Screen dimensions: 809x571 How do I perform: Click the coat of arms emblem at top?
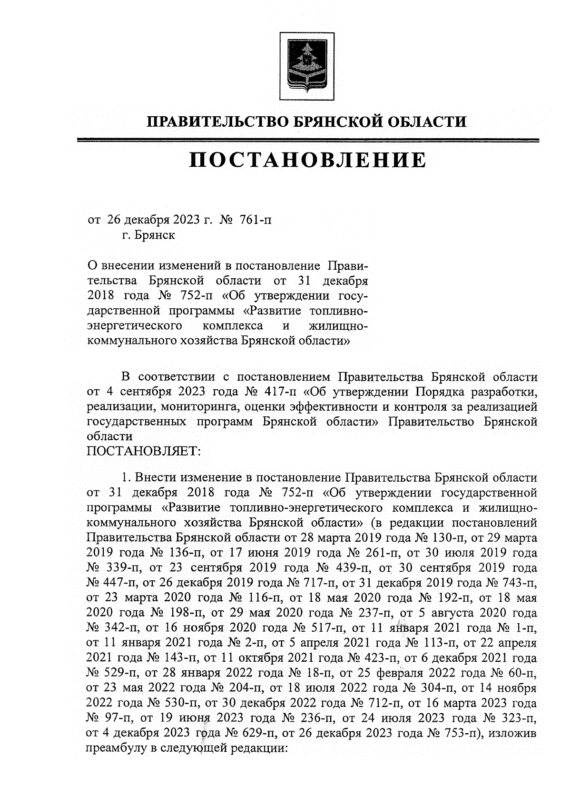(x=306, y=66)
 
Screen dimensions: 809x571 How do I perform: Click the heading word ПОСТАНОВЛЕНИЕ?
(x=308, y=161)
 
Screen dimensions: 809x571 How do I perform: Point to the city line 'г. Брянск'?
(x=148, y=235)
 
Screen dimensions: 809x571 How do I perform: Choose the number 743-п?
(x=519, y=583)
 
